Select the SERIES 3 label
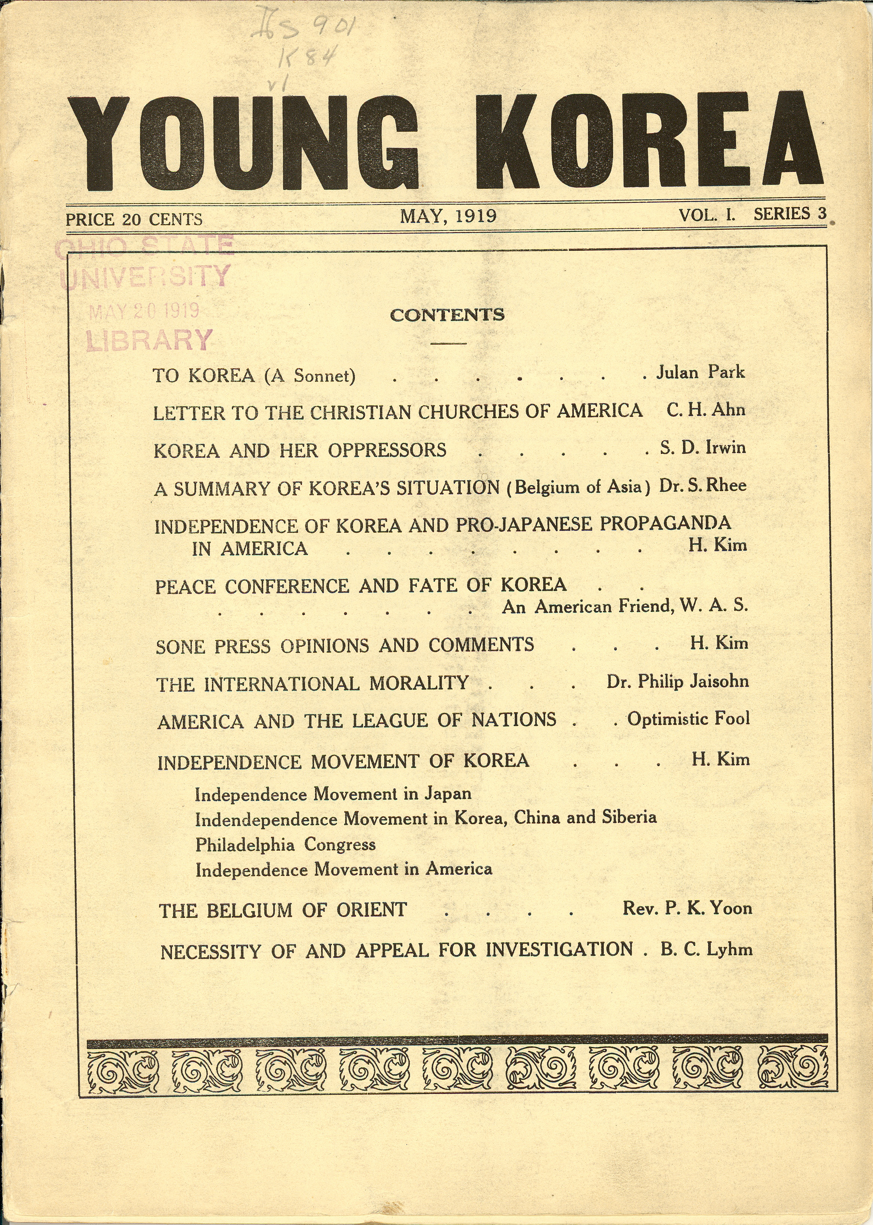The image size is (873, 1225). click(790, 214)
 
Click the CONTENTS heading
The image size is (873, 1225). click(447, 315)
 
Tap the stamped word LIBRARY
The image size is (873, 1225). click(149, 340)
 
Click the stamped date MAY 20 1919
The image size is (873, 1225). click(144, 311)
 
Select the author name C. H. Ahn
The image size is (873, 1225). click(706, 410)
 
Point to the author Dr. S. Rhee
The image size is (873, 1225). click(703, 485)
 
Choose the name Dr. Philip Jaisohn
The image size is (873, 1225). click(677, 681)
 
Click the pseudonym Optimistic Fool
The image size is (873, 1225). click(688, 719)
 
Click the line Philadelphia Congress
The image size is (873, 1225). click(285, 844)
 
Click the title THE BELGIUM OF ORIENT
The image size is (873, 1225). click(283, 910)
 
